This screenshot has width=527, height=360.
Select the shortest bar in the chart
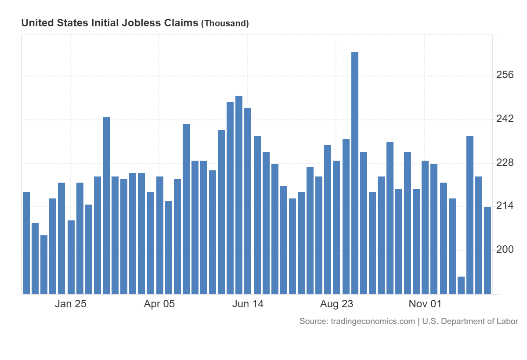(461, 285)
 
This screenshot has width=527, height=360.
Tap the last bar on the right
(487, 250)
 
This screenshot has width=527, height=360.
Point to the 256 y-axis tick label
(505, 75)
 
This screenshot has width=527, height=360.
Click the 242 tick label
(505, 119)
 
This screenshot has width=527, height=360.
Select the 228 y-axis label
(505, 162)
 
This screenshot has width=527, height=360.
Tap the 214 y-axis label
(505, 206)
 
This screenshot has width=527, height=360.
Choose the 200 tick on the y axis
(505, 249)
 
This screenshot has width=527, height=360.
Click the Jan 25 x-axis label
(70, 304)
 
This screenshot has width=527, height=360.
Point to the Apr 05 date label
(159, 304)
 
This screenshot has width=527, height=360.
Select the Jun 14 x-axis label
(248, 304)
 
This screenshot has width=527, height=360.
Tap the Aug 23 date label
(336, 304)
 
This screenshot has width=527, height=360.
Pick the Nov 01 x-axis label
(425, 304)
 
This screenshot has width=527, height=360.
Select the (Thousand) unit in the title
(225, 24)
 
